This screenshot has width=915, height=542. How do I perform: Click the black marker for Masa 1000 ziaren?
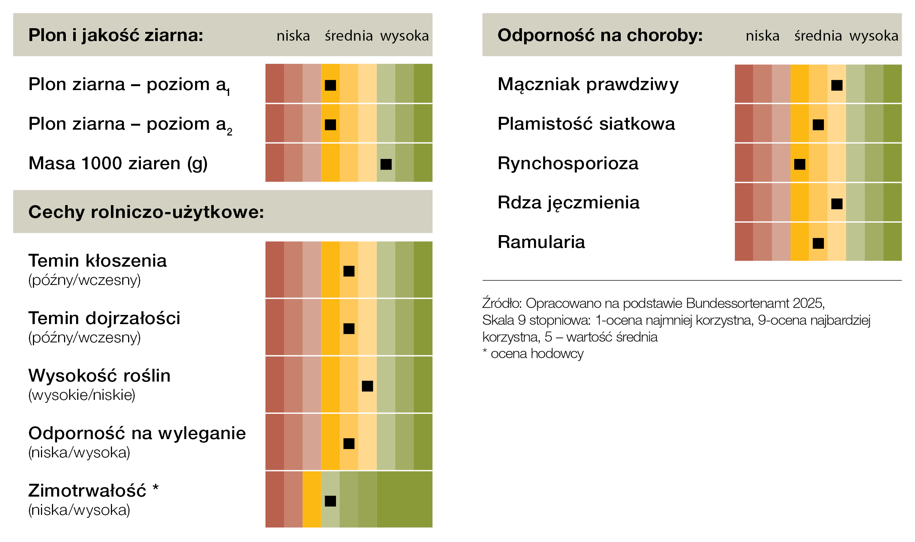tap(386, 164)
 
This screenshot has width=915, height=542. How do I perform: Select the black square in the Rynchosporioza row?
tap(799, 164)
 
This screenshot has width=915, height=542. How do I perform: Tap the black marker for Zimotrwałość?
tap(330, 501)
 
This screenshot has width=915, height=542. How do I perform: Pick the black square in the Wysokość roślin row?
tap(367, 386)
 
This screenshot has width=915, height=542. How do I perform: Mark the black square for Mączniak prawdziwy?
tap(837, 85)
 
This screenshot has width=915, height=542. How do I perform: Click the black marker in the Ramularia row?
tap(818, 243)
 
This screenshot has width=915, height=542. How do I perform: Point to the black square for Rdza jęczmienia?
tap(837, 204)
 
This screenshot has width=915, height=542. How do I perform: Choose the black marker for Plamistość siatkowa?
tap(818, 125)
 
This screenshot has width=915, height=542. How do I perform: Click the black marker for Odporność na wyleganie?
tap(349, 443)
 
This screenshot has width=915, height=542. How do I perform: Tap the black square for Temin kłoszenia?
tap(349, 271)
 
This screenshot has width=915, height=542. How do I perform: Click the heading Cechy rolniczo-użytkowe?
tap(146, 212)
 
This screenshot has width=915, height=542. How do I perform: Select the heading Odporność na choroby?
tap(600, 36)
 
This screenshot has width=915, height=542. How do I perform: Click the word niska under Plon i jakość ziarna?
tap(293, 36)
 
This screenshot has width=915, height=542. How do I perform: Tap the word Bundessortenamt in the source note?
tap(737, 303)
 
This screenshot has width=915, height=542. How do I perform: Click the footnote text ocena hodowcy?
tap(537, 354)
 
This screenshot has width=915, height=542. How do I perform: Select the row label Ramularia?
tap(541, 242)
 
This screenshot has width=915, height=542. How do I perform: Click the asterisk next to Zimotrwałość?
tap(156, 487)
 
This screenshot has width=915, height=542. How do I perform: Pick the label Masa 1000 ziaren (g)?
tap(118, 164)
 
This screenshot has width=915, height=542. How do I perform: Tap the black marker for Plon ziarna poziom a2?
tap(330, 125)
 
